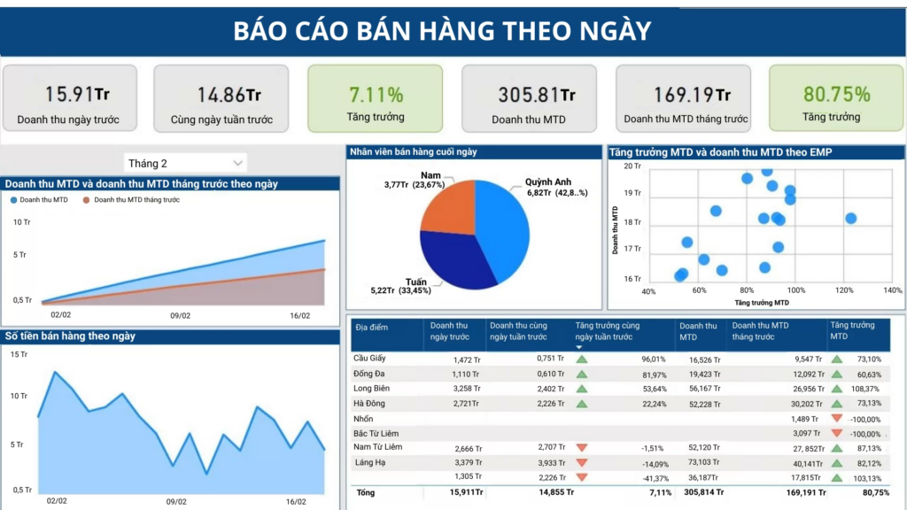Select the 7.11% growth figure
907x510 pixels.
pos(376,94)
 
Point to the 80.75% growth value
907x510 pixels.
pos(836,94)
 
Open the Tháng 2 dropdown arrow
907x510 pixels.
pos(237,163)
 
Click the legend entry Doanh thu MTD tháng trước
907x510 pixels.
pos(136,200)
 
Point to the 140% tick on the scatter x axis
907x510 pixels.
pos(891,290)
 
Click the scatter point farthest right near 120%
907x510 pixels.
pos(850,218)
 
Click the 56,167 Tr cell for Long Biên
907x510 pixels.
pos(705,389)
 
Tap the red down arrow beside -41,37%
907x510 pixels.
pos(582,477)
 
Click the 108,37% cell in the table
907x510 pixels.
pos(865,389)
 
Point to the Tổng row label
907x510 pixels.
pos(364,492)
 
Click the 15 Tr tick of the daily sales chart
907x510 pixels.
pos(18,354)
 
